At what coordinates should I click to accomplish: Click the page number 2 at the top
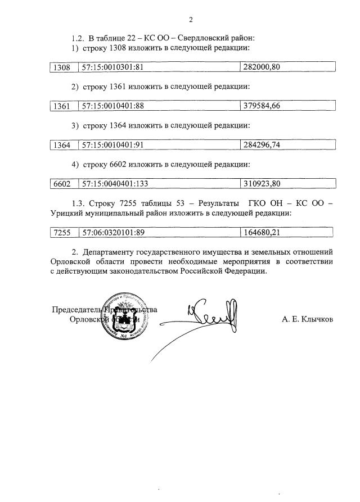pyautogui.click(x=191, y=20)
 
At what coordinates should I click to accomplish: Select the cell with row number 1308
pyautogui.click(x=61, y=67)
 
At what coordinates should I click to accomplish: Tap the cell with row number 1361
pyautogui.click(x=61, y=106)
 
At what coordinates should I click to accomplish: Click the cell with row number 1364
pyautogui.click(x=61, y=145)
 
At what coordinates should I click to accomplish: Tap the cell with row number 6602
pyautogui.click(x=61, y=184)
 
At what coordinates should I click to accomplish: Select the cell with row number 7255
pyautogui.click(x=61, y=232)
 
